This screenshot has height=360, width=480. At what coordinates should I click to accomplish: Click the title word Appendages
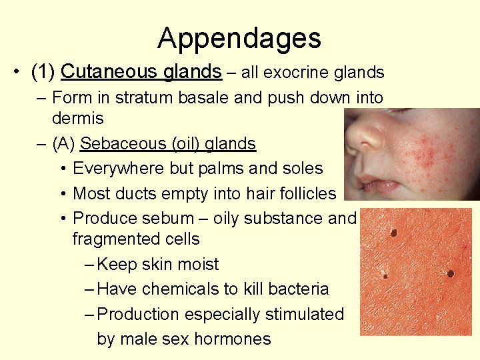pyautogui.click(x=239, y=38)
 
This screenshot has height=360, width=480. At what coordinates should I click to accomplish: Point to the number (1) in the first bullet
pyautogui.click(x=44, y=71)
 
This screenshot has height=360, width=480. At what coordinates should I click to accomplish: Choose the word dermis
pyautogui.click(x=77, y=119)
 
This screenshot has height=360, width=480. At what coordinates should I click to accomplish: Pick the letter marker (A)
pyautogui.click(x=63, y=143)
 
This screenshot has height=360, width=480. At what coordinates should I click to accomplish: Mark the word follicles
pyautogui.click(x=303, y=193)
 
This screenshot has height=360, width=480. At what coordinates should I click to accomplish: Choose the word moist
pyautogui.click(x=195, y=264)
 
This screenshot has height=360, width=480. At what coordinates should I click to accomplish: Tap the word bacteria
pyautogui.click(x=298, y=289)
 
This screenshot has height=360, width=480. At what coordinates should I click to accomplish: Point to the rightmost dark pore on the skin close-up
pyautogui.click(x=450, y=273)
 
